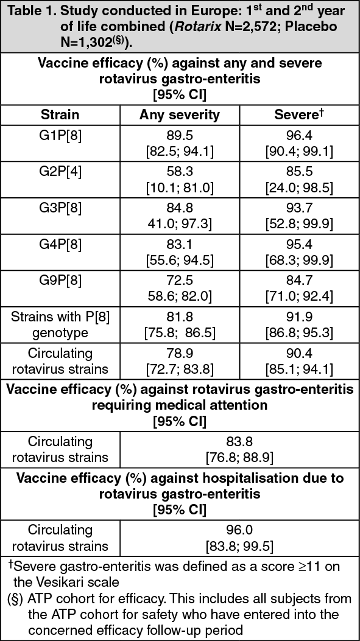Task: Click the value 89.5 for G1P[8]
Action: pyautogui.click(x=180, y=135)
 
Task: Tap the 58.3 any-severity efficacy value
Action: pyautogui.click(x=180, y=173)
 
